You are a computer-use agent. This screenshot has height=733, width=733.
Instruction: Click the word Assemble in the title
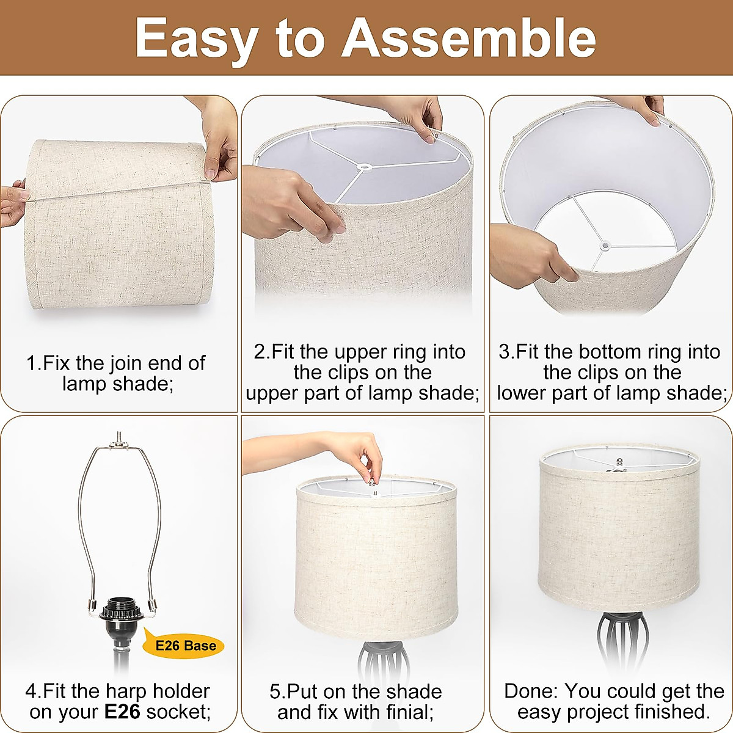(469, 38)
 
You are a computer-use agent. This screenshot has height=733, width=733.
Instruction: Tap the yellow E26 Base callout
(184, 646)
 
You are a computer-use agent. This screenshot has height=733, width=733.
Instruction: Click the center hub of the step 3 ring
(605, 246)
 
